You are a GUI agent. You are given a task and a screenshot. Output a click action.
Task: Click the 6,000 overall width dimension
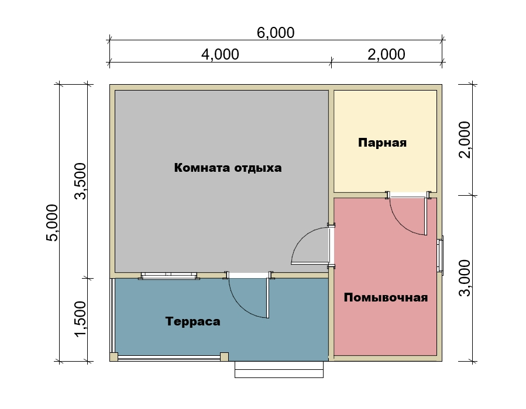tap(276, 33)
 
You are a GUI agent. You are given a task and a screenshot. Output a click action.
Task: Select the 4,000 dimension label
tap(220, 54)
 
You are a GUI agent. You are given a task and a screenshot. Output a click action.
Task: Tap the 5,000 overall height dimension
tap(52, 223)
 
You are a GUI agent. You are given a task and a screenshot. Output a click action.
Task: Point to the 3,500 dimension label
tap(81, 181)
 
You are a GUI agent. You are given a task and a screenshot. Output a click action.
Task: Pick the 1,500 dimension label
tap(81, 319)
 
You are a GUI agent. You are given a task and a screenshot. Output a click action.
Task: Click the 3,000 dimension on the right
tap(465, 278)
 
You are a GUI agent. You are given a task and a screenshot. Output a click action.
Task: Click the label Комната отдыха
tap(228, 168)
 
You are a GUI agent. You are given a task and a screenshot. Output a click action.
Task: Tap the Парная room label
tap(383, 143)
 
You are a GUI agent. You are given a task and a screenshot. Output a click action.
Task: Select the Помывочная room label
tap(386, 297)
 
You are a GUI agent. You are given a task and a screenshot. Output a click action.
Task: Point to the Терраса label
tap(193, 321)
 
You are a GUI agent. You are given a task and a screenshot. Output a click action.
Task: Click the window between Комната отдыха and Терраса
tap(169, 276)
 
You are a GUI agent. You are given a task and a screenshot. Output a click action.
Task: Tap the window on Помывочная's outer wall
tap(440, 255)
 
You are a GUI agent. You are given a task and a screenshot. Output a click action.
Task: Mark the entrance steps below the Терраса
tap(279, 369)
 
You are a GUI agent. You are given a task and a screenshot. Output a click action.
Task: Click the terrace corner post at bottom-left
tap(114, 357)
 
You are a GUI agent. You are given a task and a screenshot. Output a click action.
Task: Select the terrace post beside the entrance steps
tap(224, 357)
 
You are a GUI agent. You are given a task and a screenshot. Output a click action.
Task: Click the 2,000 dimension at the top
tap(386, 54)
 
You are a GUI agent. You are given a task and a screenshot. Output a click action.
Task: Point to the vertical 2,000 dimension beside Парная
tap(465, 140)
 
